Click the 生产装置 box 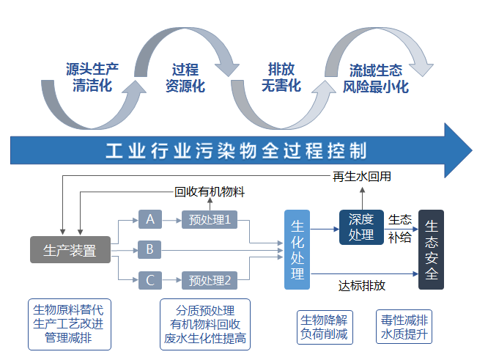[x=70, y=251]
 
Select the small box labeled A [x=149, y=218]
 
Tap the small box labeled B [x=149, y=250]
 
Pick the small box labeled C [x=149, y=279]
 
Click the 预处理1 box [x=209, y=218]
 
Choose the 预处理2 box [x=209, y=279]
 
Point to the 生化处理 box [x=297, y=249]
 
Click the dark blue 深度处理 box [x=361, y=227]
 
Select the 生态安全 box [x=431, y=250]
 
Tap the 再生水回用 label [x=362, y=177]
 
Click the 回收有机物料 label [x=210, y=192]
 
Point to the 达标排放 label [x=362, y=285]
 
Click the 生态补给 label [x=400, y=227]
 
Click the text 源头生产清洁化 [x=92, y=78]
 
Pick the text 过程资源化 [x=185, y=78]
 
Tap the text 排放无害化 [x=281, y=78]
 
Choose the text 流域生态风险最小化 [x=376, y=78]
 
